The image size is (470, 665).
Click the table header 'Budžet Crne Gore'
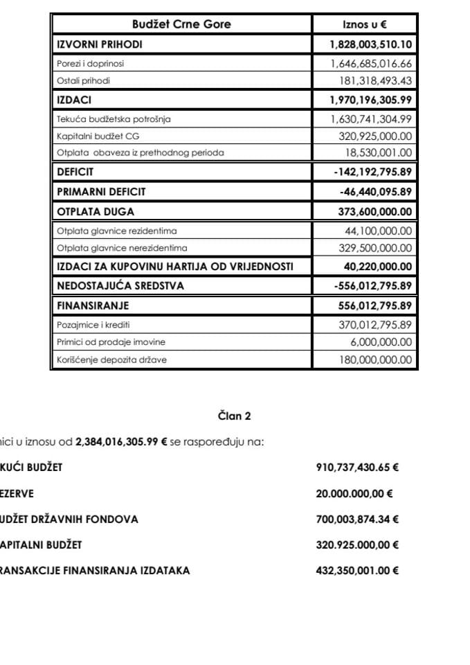181,24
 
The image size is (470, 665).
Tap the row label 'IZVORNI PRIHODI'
99,44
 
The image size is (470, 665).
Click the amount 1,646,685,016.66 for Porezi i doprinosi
371,63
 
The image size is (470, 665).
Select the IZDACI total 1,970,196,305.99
371,100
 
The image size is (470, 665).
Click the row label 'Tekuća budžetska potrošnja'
113,119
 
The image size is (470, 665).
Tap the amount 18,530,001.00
378,152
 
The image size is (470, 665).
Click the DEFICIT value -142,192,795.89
372,171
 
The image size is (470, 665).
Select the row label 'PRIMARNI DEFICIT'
101,191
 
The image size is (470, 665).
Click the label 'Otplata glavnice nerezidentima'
122,248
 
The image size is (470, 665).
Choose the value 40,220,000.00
378,267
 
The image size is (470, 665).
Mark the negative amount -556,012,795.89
372,285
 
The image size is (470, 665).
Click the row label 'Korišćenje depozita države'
111,360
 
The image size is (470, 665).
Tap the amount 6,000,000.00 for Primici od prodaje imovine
381,342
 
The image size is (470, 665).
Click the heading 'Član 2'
235,416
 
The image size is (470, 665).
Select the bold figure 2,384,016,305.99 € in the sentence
122,441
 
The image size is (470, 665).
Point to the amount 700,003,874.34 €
356,519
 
